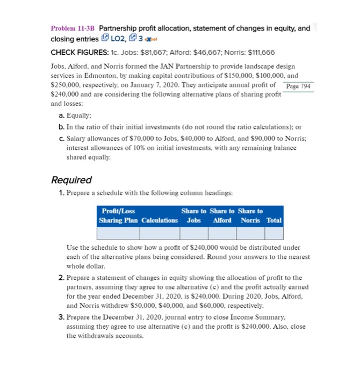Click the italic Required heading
71,180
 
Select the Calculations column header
160,221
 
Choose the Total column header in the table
274,221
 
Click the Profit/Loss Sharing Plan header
118,216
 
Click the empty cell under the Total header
274,233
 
